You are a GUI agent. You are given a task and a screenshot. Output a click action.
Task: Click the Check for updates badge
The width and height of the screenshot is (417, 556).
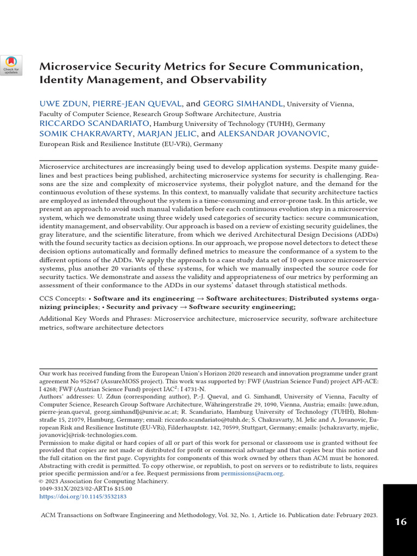tap(11, 65)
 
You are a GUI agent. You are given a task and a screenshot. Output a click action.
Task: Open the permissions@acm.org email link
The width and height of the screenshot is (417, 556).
tap(252, 473)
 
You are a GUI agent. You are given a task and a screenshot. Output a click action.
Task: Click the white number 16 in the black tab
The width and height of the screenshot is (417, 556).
tap(400, 522)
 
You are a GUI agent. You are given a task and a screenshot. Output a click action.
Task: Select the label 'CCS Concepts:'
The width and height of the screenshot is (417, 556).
tap(62, 299)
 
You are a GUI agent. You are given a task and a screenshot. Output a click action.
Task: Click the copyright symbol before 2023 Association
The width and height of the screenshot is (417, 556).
tap(41, 481)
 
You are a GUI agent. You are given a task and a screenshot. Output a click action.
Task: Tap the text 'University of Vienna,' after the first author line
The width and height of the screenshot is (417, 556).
tap(320, 104)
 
